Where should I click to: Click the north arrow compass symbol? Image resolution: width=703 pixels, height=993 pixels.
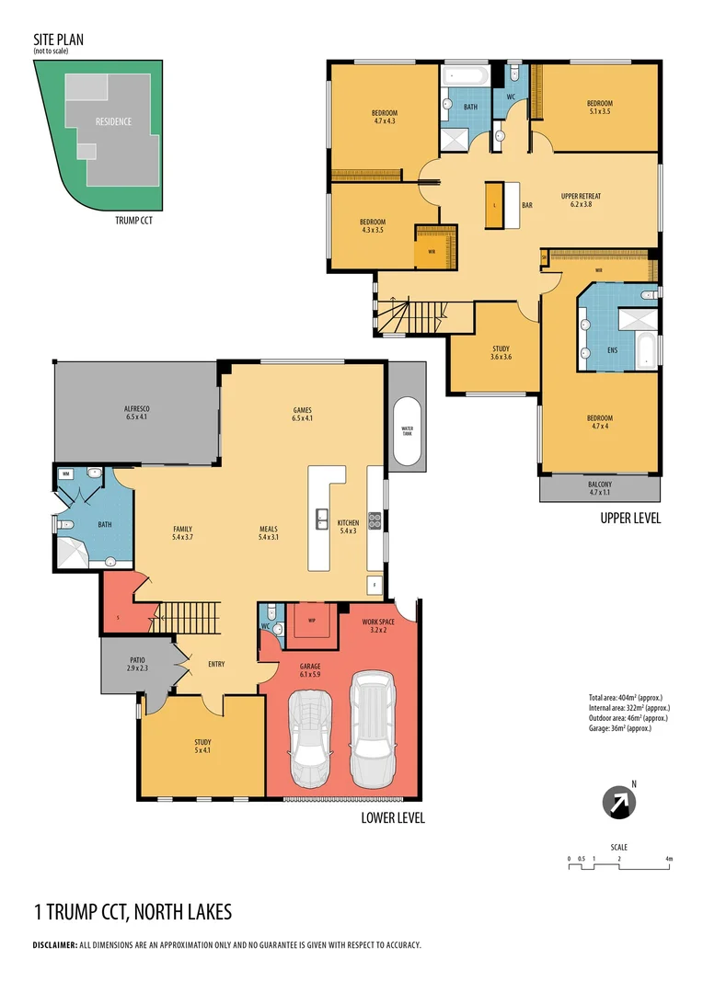pyautogui.click(x=618, y=803)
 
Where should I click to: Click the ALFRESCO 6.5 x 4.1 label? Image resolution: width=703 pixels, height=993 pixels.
pyautogui.click(x=137, y=413)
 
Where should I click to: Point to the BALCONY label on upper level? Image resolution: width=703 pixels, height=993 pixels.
pyautogui.click(x=599, y=488)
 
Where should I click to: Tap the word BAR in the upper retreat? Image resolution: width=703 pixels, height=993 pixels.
pyautogui.click(x=527, y=205)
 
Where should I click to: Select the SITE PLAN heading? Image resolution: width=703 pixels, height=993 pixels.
pyautogui.click(x=60, y=40)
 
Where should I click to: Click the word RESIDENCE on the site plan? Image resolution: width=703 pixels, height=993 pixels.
pyautogui.click(x=113, y=121)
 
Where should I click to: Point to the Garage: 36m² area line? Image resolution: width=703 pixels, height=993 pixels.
pyautogui.click(x=620, y=728)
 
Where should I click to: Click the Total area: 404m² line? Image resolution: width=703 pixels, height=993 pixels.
pyautogui.click(x=626, y=697)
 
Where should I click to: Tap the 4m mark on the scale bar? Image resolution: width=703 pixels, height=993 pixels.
pyautogui.click(x=669, y=859)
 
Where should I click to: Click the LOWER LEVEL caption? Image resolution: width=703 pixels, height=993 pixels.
pyautogui.click(x=393, y=817)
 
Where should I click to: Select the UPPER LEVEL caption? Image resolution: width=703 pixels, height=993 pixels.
pyautogui.click(x=630, y=518)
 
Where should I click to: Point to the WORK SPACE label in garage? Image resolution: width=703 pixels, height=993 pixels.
pyautogui.click(x=378, y=626)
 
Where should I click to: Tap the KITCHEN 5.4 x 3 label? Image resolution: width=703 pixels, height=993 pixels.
pyautogui.click(x=348, y=527)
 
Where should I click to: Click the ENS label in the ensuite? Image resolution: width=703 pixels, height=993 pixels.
pyautogui.click(x=613, y=349)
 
